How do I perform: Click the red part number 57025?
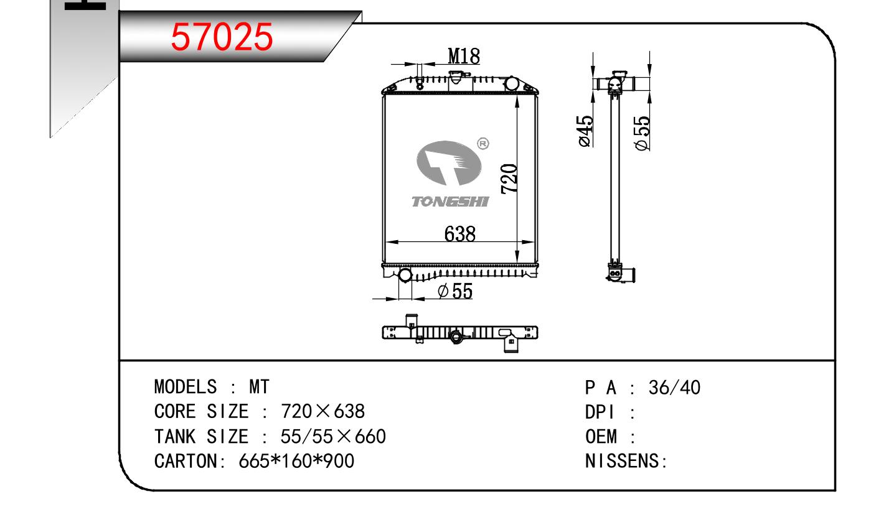click(222, 38)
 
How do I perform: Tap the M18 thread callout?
click(464, 57)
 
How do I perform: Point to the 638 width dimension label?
click(460, 234)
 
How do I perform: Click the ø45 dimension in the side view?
click(585, 131)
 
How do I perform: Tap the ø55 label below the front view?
click(455, 291)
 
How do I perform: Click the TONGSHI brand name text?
click(451, 202)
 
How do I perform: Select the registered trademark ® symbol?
click(483, 144)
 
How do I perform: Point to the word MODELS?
click(185, 388)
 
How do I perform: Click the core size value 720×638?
click(323, 412)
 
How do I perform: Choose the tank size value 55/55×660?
click(333, 437)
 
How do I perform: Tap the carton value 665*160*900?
click(296, 461)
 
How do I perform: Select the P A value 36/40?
click(674, 388)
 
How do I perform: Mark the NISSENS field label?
click(626, 461)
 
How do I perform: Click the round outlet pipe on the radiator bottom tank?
click(405, 274)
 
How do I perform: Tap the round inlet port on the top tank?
click(511, 83)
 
